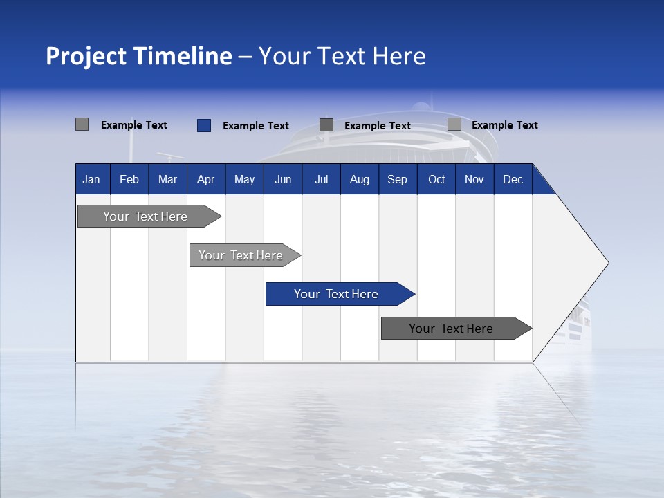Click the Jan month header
91,179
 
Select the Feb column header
129,179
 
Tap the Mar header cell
167,179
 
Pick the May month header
244,179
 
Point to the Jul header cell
321,179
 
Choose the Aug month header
359,179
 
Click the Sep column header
397,179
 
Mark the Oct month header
436,179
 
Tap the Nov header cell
474,179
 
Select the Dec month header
513,179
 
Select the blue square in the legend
204,125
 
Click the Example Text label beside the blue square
256,126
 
